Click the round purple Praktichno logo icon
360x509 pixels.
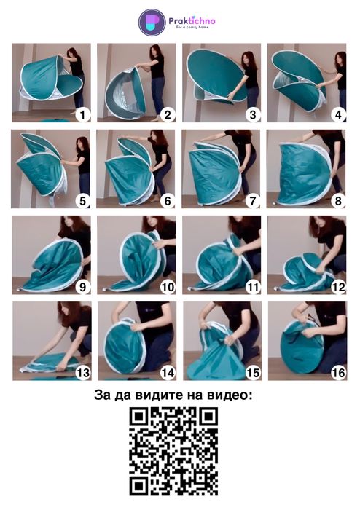[152, 23]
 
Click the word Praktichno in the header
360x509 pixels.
[192, 21]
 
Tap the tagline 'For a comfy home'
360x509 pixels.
[192, 28]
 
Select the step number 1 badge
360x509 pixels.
[82, 114]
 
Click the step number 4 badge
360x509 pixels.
[338, 114]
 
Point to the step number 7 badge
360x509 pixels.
[253, 200]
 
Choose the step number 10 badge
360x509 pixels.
[168, 287]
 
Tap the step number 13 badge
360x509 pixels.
[82, 373]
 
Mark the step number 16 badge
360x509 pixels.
[338, 373]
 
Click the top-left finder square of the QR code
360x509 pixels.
[138, 417]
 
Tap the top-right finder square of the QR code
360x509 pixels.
[209, 417]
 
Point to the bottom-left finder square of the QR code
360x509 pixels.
[138, 486]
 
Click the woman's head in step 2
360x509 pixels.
[156, 51]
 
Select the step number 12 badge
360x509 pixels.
[338, 287]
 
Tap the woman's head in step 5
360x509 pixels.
[83, 144]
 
